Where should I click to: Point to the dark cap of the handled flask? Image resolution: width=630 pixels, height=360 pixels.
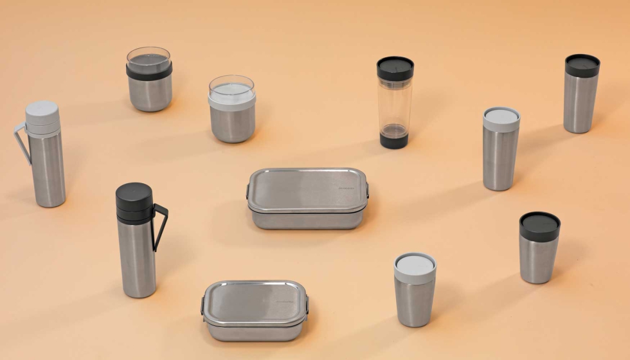[x=134, y=202]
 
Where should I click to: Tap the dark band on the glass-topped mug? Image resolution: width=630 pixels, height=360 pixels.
[x=149, y=72]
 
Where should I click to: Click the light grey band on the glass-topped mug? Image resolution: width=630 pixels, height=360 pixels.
[x=231, y=100]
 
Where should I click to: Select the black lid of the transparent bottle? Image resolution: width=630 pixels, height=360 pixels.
[x=395, y=67]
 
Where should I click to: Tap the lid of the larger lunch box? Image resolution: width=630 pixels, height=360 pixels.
[x=307, y=190]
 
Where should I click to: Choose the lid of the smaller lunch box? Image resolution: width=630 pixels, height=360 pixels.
[x=255, y=301]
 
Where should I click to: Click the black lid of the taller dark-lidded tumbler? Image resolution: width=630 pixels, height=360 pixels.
[x=582, y=65]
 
